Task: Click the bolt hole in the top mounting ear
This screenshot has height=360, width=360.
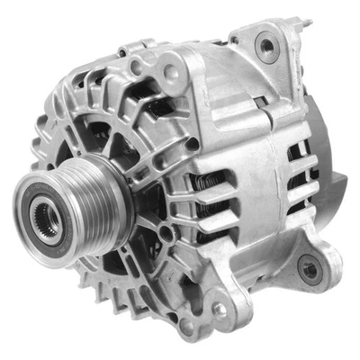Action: [265, 44]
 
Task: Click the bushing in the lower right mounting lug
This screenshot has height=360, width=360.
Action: [310, 268]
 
